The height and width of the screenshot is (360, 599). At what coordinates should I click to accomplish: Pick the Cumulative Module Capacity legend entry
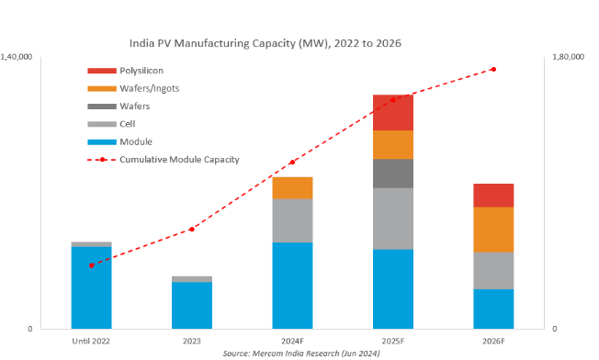[x=178, y=159]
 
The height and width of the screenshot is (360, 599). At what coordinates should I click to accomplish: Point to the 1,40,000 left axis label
[x=17, y=57]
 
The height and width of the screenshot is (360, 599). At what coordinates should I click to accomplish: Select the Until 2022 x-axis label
[x=91, y=341]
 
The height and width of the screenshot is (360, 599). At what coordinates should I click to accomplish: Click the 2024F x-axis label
[x=292, y=341]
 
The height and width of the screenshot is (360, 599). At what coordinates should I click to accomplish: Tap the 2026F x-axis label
[x=493, y=341]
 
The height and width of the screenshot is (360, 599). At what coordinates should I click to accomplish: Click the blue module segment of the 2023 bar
[x=192, y=305]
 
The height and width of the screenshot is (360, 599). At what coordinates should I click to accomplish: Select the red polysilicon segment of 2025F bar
[x=392, y=112]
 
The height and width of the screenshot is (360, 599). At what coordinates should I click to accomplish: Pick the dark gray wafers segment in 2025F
[x=392, y=174]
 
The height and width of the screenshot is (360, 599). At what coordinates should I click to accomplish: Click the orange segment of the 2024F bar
[x=292, y=188]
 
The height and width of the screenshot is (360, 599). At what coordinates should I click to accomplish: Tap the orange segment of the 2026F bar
[x=493, y=230]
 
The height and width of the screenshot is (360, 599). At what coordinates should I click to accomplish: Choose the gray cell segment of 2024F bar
[x=292, y=220]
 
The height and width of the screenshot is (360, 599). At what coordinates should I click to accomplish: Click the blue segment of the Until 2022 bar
[x=91, y=287]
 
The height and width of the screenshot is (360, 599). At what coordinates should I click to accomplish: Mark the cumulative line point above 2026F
[x=493, y=69]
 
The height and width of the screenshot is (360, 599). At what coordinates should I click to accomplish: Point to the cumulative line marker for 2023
[x=192, y=229]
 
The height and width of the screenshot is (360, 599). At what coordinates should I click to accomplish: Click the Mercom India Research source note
[x=300, y=353]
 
